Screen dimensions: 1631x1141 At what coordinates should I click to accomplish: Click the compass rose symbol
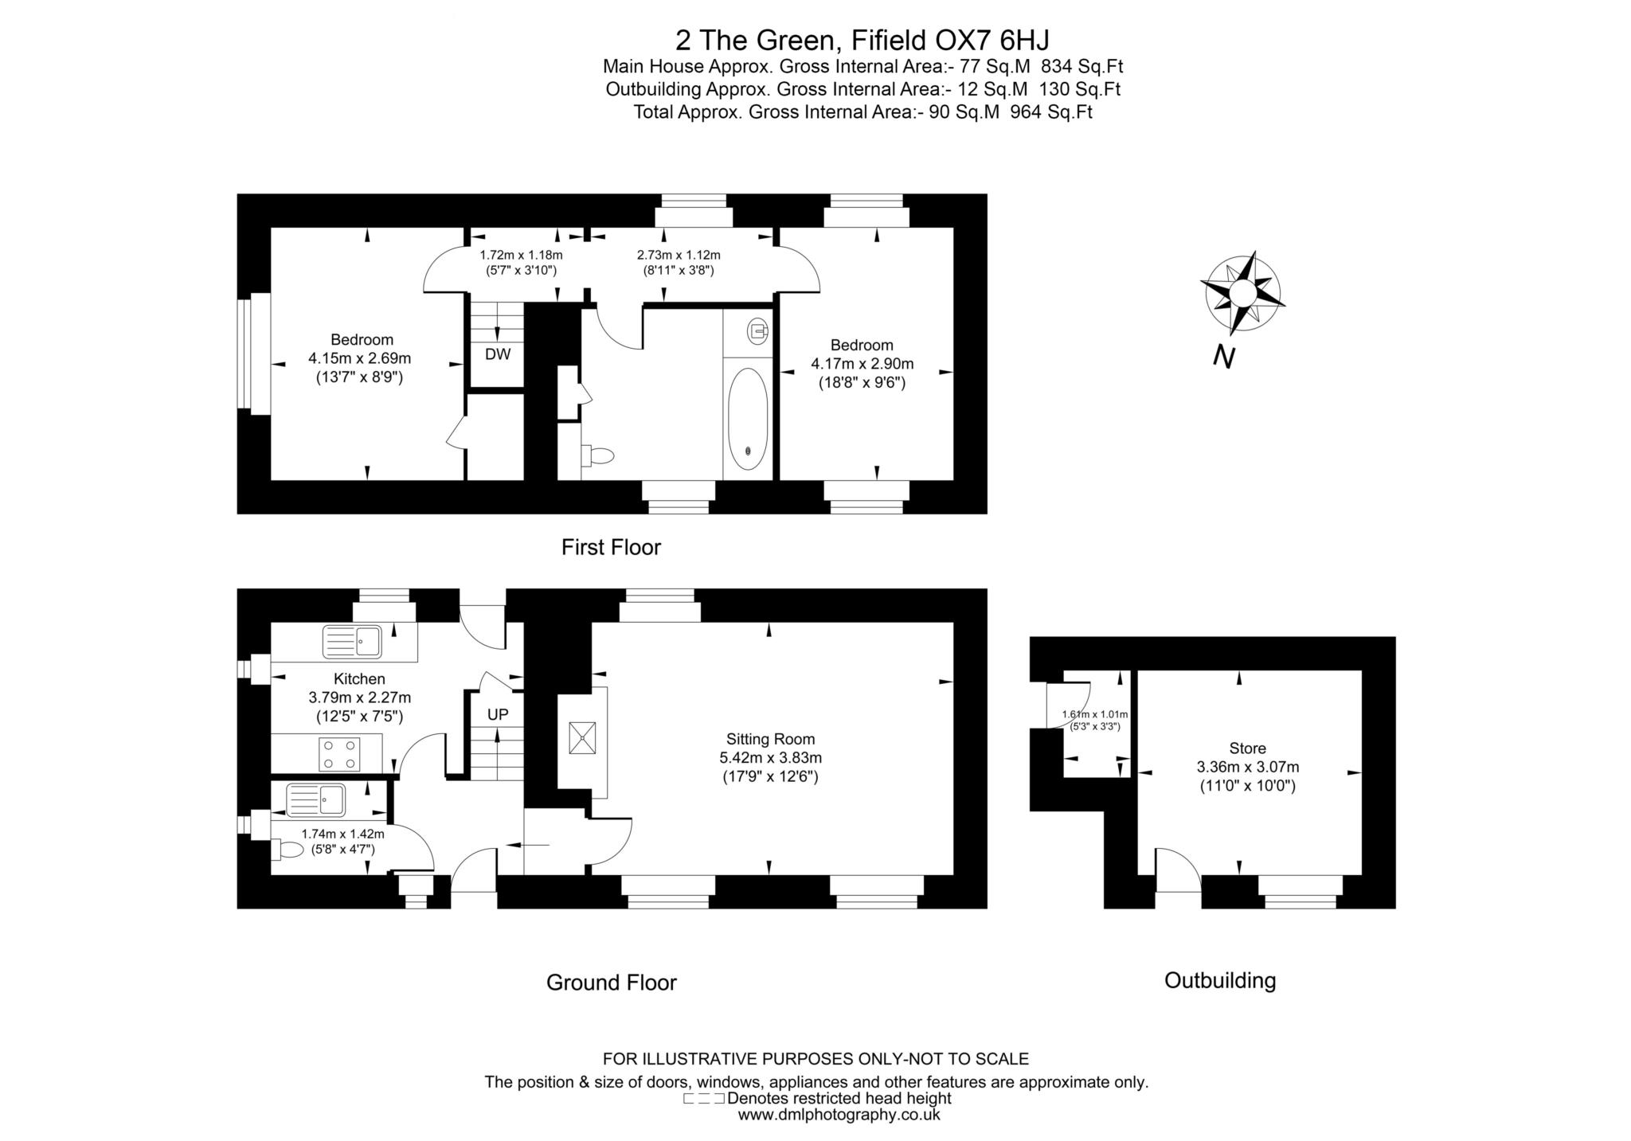[x=1242, y=293]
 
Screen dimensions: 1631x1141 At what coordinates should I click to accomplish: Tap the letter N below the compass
[x=1223, y=358]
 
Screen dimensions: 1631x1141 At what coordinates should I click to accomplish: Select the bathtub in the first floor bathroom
[x=748, y=418]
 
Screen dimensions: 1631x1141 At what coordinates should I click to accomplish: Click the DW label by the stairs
[x=498, y=354]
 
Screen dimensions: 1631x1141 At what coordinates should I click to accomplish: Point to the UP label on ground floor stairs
[x=498, y=714]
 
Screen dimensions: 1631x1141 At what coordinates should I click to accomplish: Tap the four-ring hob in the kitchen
[x=339, y=753]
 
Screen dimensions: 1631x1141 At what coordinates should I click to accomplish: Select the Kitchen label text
[x=359, y=678]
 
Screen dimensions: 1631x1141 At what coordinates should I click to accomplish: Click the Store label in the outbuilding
[x=1247, y=748]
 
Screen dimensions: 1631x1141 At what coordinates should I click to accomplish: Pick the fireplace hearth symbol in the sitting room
[x=582, y=737]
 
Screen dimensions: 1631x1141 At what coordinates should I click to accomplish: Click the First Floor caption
[x=611, y=547]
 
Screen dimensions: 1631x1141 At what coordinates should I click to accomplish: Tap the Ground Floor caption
[x=611, y=983]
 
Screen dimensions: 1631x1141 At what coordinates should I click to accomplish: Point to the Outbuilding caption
[x=1220, y=980]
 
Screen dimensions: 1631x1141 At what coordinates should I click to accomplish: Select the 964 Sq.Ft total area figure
[x=1051, y=112]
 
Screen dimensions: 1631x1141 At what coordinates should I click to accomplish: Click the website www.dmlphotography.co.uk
[x=839, y=1115]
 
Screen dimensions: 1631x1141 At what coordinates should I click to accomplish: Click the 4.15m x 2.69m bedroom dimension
[x=360, y=358]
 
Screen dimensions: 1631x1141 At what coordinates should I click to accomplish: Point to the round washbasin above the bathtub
[x=757, y=329]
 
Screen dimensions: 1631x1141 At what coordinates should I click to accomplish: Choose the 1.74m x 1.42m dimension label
[x=342, y=834]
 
